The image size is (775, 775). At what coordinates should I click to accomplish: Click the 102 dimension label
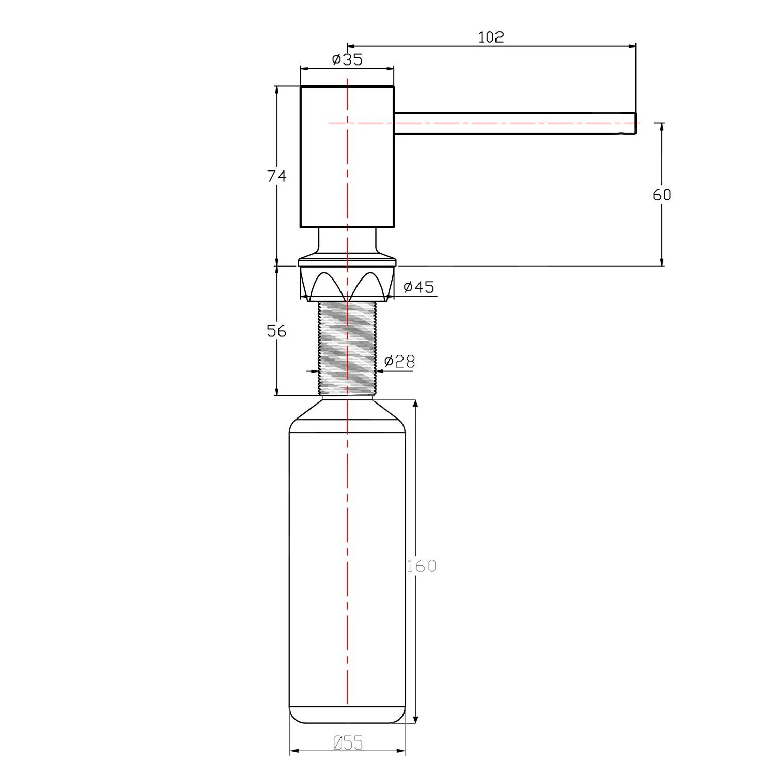tap(491, 37)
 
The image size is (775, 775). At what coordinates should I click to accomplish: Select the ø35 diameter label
tap(347, 59)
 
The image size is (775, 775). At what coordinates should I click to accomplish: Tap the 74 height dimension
tap(276, 176)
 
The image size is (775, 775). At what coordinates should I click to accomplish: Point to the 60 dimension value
tap(661, 195)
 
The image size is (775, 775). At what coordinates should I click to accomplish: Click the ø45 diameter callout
tap(419, 287)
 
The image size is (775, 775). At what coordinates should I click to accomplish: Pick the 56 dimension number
tap(276, 331)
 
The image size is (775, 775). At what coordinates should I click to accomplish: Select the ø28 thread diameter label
tap(400, 361)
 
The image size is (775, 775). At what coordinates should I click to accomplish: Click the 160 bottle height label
tap(421, 566)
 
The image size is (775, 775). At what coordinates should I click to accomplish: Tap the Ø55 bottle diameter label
tap(348, 743)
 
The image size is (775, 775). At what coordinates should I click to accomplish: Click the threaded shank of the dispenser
tap(347, 349)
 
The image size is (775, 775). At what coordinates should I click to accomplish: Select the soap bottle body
tap(347, 568)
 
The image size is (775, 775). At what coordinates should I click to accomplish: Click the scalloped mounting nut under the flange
tap(347, 284)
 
